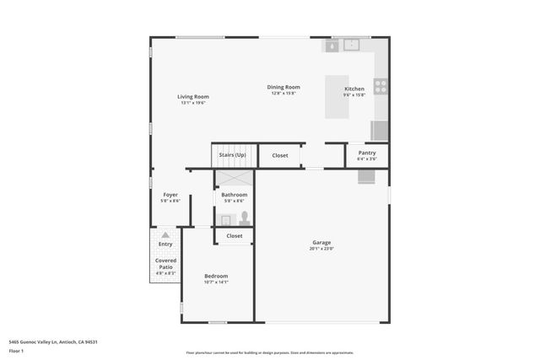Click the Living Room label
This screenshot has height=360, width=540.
point(193,97)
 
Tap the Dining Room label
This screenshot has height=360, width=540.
point(283,87)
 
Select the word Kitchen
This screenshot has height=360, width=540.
point(354,89)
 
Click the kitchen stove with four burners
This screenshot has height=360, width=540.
point(381,85)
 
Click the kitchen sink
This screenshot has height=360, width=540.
point(352,46)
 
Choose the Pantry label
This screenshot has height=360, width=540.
point(366,153)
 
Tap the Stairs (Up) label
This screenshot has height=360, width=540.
point(232,155)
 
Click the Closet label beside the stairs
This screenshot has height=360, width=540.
point(279,155)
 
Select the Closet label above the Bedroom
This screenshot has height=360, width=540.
point(235,236)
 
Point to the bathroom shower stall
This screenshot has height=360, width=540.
point(234,179)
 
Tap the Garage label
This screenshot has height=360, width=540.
point(321,243)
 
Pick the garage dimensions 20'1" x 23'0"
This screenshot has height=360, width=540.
point(321,250)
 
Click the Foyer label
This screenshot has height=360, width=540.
point(170,195)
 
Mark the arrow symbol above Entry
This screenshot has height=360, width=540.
point(165,235)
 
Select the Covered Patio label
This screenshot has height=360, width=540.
point(165,264)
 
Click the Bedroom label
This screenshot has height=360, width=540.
point(216,276)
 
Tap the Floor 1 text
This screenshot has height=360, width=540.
point(16,351)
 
